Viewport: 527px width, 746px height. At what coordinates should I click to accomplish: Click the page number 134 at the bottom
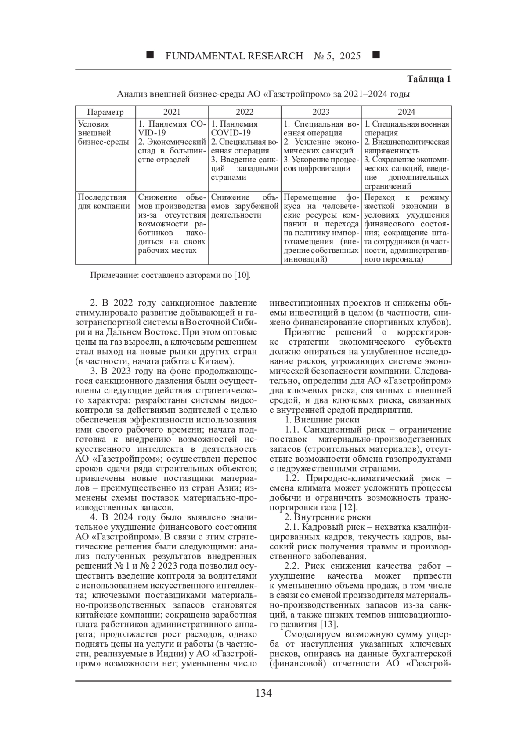click(x=263, y=693)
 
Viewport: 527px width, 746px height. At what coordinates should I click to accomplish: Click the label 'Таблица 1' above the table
click(x=429, y=80)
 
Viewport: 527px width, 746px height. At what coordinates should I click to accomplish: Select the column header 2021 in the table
click(x=172, y=112)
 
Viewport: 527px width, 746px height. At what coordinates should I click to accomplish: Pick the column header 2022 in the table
click(x=245, y=112)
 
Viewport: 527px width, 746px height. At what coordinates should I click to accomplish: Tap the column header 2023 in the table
click(x=321, y=112)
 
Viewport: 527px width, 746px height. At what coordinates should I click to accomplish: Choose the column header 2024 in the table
click(x=406, y=112)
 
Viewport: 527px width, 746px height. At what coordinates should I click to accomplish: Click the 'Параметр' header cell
click(x=105, y=112)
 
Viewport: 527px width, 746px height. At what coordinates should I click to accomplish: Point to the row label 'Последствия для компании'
click(x=104, y=202)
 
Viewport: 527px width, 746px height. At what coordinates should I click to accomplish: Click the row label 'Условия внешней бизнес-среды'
click(x=104, y=133)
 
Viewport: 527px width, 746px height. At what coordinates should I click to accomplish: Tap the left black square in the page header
click(x=150, y=55)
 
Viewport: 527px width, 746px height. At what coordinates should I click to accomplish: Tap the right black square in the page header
click(x=376, y=55)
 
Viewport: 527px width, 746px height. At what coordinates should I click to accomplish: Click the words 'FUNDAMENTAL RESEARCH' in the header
click(x=234, y=56)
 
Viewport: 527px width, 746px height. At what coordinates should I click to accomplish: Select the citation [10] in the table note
click(x=242, y=276)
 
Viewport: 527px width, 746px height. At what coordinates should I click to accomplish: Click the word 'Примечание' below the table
click(x=112, y=276)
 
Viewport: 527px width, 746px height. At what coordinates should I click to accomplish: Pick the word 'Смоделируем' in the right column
click(x=313, y=634)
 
